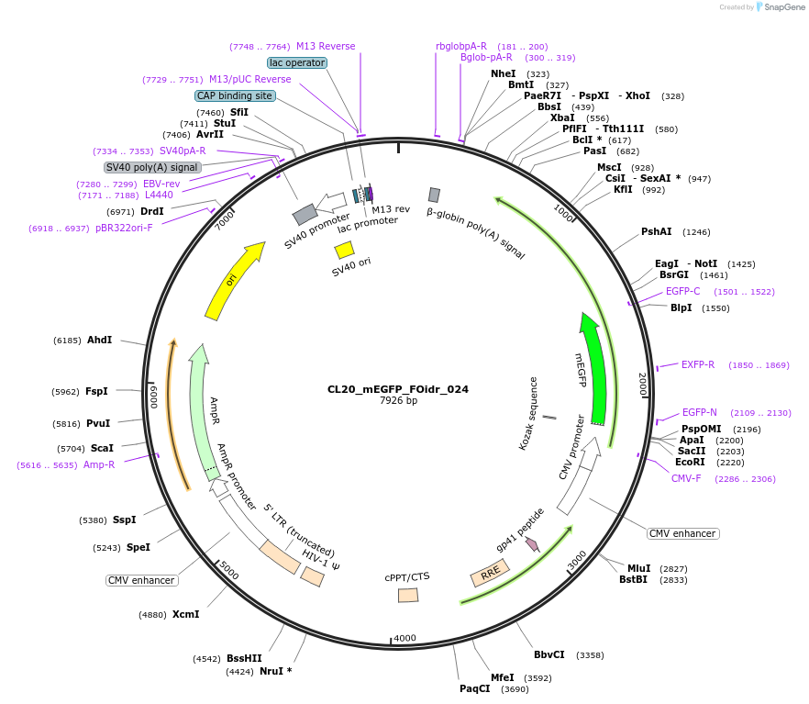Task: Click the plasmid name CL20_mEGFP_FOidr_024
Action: pyautogui.click(x=398, y=389)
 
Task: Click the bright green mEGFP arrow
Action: pyautogui.click(x=595, y=367)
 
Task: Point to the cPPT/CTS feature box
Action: pyautogui.click(x=408, y=595)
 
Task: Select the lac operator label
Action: pyautogui.click(x=297, y=63)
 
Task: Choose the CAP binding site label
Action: pyautogui.click(x=235, y=95)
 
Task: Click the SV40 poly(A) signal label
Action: pyautogui.click(x=152, y=167)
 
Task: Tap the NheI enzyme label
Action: pyautogui.click(x=503, y=73)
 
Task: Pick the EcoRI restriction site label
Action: pyautogui.click(x=690, y=463)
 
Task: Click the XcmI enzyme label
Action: pyautogui.click(x=185, y=614)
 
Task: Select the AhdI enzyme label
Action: pyautogui.click(x=99, y=340)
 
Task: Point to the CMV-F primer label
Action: pyautogui.click(x=686, y=478)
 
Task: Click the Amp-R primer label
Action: pyautogui.click(x=99, y=464)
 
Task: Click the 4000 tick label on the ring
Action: pyautogui.click(x=404, y=638)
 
